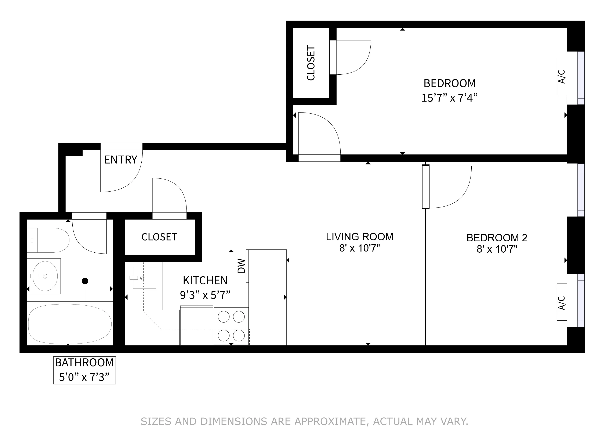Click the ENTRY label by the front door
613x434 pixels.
(120, 160)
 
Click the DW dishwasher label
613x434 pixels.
(241, 266)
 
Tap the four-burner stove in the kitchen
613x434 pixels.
(231, 326)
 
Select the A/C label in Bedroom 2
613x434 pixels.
(562, 303)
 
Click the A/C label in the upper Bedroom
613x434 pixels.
(562, 77)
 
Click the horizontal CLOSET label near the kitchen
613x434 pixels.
(159, 237)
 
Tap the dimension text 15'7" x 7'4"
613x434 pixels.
(449, 98)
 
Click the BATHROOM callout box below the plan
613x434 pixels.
(84, 370)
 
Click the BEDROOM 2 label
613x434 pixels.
(497, 238)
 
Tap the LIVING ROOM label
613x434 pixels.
(359, 237)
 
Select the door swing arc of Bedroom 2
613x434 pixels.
(463, 195)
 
